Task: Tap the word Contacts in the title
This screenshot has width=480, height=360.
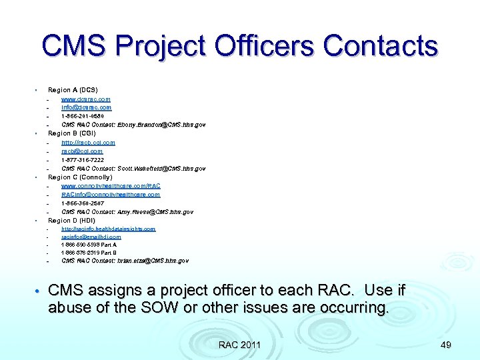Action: point(381,47)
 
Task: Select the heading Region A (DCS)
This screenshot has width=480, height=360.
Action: point(73,90)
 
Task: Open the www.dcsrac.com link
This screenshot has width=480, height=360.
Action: point(86,99)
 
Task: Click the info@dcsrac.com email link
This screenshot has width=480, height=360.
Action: point(86,107)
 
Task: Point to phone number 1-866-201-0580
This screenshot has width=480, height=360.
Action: point(83,116)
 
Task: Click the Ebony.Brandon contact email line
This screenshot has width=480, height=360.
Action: point(133,125)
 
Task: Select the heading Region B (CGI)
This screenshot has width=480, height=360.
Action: point(72,133)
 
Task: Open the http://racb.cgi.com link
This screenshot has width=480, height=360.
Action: point(88,142)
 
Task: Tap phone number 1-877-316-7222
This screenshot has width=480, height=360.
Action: point(83,160)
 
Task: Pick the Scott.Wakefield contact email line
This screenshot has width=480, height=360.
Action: point(133,169)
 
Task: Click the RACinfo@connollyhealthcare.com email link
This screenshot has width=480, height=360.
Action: point(111,195)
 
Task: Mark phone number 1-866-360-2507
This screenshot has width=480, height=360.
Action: point(83,203)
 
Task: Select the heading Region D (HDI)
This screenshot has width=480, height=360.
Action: point(72,221)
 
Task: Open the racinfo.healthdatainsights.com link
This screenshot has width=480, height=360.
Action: point(108,229)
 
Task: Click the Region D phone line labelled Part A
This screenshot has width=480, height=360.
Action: point(89,245)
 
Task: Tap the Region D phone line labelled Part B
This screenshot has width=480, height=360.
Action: point(89,253)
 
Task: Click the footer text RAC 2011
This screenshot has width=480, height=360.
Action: point(240,345)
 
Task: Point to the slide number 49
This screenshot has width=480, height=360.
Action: point(446,345)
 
